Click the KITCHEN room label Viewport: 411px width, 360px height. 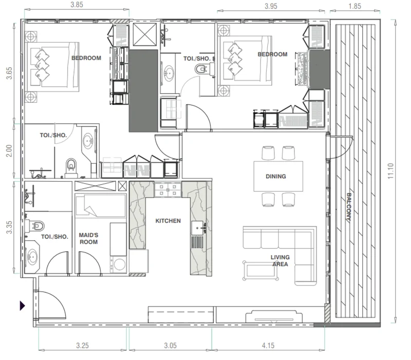pos(168,221)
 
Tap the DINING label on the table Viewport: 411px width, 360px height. pos(276,176)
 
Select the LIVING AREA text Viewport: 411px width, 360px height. pos(280,261)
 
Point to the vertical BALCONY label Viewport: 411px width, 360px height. pos(349,207)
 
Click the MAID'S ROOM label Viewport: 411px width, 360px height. pos(88,239)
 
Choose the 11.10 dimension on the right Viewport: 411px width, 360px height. pos(391,171)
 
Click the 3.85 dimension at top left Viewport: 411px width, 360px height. pos(77,5)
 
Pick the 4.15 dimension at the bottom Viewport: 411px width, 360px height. pos(268,345)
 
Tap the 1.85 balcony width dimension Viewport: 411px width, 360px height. pos(354,6)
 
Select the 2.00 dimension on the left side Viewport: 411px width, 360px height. pos(9,151)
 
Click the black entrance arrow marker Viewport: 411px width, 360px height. pos(22,305)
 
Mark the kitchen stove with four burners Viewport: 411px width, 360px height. pos(168,190)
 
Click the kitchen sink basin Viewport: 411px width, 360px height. pos(197,228)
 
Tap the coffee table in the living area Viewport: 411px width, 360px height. pos(260,271)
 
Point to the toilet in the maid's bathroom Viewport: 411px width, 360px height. pos(35,226)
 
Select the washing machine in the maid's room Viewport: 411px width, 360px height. pos(119,264)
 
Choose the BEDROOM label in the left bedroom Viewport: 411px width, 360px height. pos(86,58)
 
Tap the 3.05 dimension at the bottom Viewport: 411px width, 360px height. pos(171,345)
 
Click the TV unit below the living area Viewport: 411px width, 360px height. pos(274,316)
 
